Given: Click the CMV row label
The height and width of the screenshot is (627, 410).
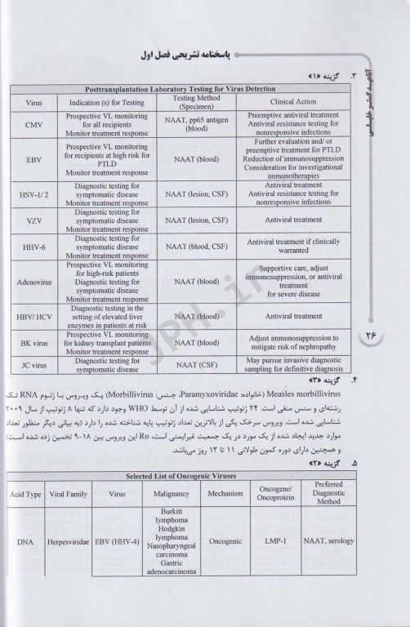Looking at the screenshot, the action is click(x=34, y=123).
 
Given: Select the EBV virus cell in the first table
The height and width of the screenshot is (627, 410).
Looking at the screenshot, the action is click(x=34, y=160).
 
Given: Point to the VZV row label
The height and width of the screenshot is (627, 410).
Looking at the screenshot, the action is click(x=34, y=220).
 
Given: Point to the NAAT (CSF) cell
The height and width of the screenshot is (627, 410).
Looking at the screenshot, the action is click(x=196, y=366).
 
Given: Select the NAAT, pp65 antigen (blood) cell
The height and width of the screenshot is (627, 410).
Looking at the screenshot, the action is click(x=196, y=123).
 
